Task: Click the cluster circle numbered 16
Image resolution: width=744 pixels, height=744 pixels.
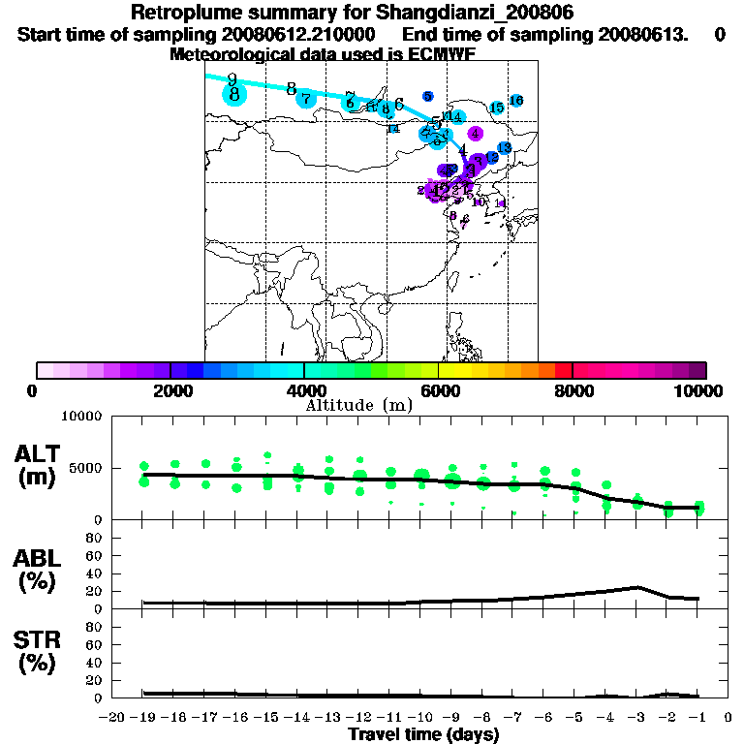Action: (x=516, y=101)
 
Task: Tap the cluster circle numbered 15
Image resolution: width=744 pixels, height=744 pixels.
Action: (x=496, y=108)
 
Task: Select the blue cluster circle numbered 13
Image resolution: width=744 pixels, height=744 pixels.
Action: (x=504, y=147)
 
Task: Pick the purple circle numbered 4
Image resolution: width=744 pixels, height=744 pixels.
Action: (x=475, y=133)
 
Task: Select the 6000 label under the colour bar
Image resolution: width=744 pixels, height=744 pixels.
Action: (x=439, y=390)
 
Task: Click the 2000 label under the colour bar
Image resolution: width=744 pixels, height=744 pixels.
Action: (x=170, y=390)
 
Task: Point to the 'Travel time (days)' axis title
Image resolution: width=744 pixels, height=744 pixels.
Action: (x=423, y=735)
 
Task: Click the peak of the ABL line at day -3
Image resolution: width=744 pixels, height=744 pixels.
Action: (x=636, y=587)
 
